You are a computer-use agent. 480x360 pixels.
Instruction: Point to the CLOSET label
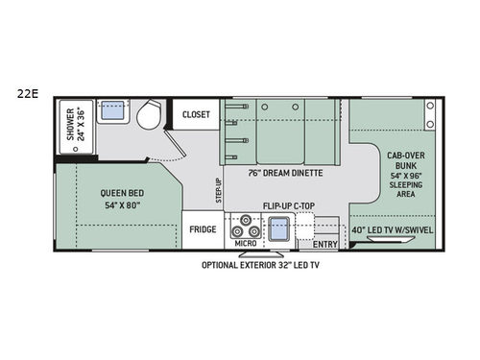click(197, 113)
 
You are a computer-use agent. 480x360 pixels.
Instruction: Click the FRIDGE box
click(202, 229)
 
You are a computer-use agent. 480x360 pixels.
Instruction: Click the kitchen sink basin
click(279, 230)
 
